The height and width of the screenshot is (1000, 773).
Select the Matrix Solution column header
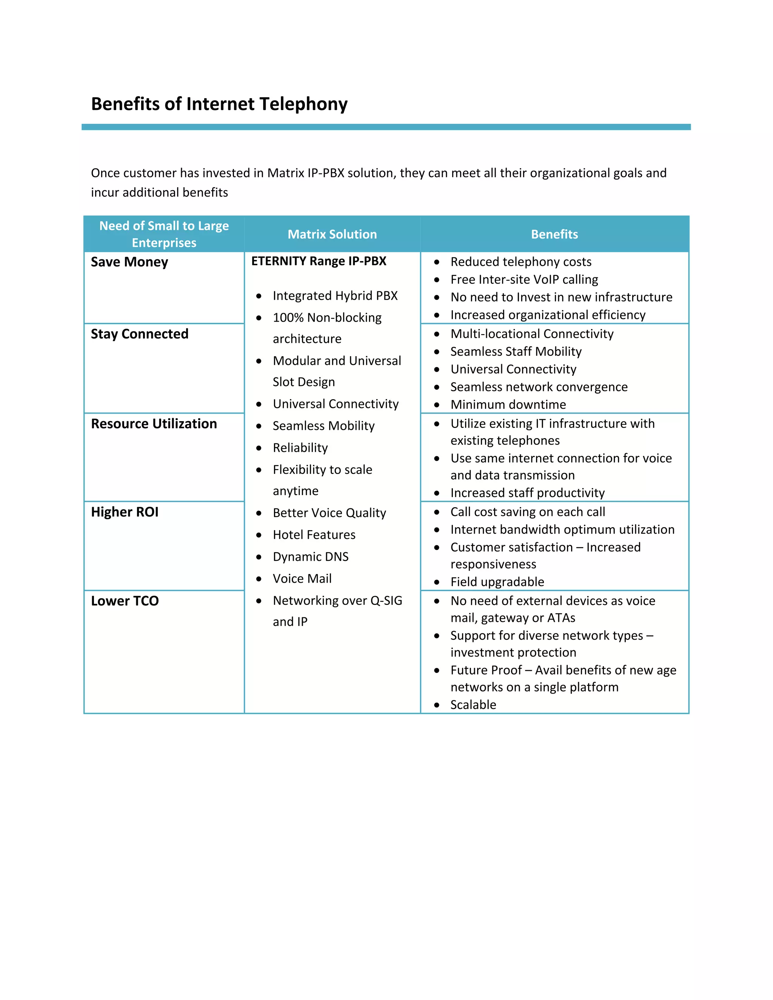pyautogui.click(x=332, y=234)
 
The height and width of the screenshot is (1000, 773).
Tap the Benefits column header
pyautogui.click(x=554, y=234)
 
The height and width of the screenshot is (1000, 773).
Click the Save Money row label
pyautogui.click(x=129, y=262)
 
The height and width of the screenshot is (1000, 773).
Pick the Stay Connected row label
pyautogui.click(x=139, y=334)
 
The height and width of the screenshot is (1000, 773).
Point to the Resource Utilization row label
pyautogui.click(x=154, y=423)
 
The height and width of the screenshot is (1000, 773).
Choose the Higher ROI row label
pyautogui.click(x=125, y=512)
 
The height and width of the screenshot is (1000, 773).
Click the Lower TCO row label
pyautogui.click(x=125, y=601)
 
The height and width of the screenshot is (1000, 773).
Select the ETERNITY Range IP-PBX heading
pyautogui.click(x=319, y=261)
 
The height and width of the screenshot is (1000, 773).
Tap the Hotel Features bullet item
pyautogui.click(x=314, y=535)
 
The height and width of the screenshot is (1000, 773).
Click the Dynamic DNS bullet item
pyautogui.click(x=311, y=557)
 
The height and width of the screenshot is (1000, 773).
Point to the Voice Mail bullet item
pyautogui.click(x=302, y=579)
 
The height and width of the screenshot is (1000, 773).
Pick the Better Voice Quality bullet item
pyautogui.click(x=329, y=513)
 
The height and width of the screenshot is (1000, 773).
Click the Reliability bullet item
pyautogui.click(x=300, y=448)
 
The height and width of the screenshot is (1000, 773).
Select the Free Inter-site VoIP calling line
pyautogui.click(x=524, y=279)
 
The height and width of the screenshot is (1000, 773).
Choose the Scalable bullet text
pyautogui.click(x=473, y=705)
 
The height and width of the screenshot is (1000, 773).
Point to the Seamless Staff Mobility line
pyautogui.click(x=516, y=352)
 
